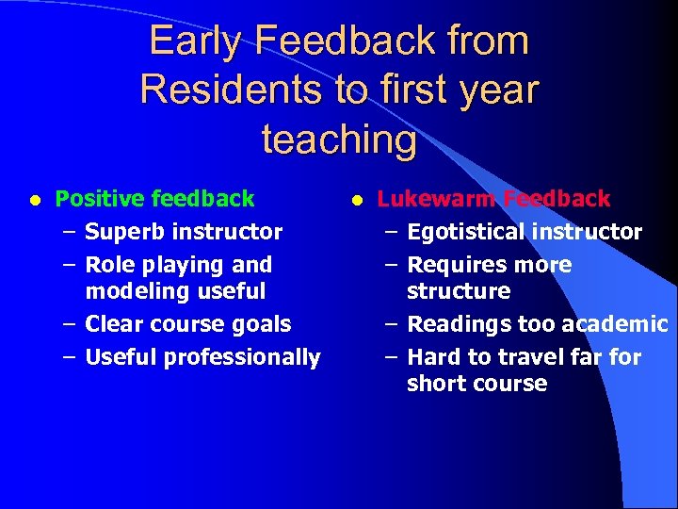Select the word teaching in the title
pyautogui.click(x=339, y=140)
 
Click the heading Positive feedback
pyautogui.click(x=154, y=199)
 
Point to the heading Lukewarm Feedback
pyautogui.click(x=493, y=199)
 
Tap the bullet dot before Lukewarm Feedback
pyautogui.click(x=357, y=200)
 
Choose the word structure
pyautogui.click(x=459, y=291)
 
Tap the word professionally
pyautogui.click(x=242, y=357)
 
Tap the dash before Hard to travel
pyautogui.click(x=392, y=357)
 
